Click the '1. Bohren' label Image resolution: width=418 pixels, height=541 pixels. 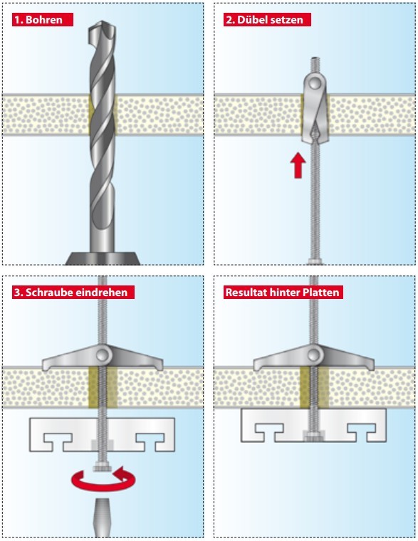pyautogui.click(x=43, y=20)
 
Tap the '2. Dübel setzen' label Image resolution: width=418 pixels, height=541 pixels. pyautogui.click(x=267, y=20)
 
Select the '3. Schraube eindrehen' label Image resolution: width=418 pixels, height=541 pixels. pyautogui.click(x=73, y=293)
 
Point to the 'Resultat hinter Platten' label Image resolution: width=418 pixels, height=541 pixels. pyautogui.click(x=283, y=293)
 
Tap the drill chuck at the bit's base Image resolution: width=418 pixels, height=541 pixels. pyautogui.click(x=103, y=258)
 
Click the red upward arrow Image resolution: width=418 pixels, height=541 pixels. pyautogui.click(x=298, y=166)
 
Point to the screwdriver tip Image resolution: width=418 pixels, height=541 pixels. pyautogui.click(x=103, y=517)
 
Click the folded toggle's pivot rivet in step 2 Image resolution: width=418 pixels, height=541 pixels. pyautogui.click(x=315, y=83)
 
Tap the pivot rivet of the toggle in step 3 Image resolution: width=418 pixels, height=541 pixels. pyautogui.click(x=103, y=354)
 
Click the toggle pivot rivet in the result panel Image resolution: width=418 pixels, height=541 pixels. pyautogui.click(x=314, y=354)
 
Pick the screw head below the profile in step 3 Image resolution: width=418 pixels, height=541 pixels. pyautogui.click(x=103, y=468)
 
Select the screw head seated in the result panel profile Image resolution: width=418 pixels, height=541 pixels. pyautogui.click(x=314, y=436)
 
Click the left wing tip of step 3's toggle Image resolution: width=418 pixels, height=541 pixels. pyautogui.click(x=44, y=367)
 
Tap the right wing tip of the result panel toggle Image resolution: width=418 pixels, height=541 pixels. pyautogui.click(x=372, y=367)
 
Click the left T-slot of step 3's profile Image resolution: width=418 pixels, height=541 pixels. pyautogui.click(x=58, y=441)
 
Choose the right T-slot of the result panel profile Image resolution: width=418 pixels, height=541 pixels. pyautogui.click(x=362, y=432)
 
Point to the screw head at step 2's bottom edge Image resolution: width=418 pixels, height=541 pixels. pyautogui.click(x=315, y=262)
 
